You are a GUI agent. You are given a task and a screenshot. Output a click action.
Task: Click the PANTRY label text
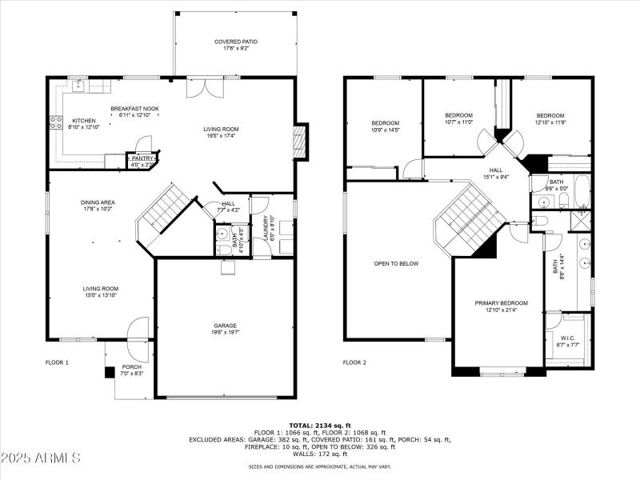click(142, 158)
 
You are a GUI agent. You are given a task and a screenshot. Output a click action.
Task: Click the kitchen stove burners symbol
click(56, 122)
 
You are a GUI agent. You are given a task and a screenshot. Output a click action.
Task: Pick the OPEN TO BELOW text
click(396, 263)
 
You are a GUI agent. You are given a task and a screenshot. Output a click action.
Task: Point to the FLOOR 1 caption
click(56, 362)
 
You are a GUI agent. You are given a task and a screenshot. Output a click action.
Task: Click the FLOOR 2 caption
click(354, 362)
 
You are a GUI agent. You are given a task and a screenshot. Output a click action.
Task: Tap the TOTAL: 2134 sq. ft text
click(320, 425)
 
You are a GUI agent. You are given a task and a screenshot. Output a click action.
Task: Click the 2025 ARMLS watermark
click(42, 458)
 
